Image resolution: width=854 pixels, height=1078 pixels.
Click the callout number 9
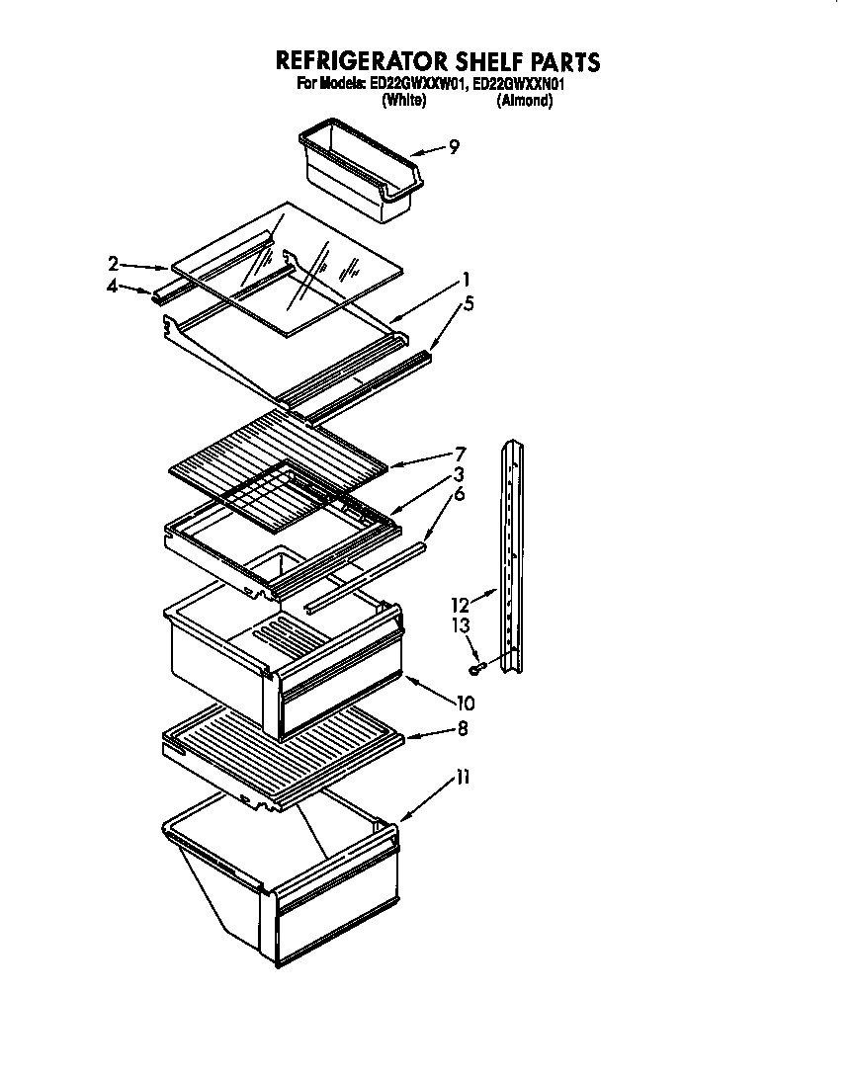coord(454,147)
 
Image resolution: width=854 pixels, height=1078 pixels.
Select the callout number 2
coord(114,263)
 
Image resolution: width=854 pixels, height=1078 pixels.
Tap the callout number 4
coord(113,288)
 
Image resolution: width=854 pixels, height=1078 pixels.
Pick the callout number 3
coord(459,473)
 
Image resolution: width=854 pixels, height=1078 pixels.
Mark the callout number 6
coord(459,493)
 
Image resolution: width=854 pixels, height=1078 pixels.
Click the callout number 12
coord(460,605)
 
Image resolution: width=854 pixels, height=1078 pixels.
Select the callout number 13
coord(460,625)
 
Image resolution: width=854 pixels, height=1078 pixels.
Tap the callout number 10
coord(465,705)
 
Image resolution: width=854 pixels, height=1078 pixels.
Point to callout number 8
coord(463,729)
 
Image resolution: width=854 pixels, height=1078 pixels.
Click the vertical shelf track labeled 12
coord(512,558)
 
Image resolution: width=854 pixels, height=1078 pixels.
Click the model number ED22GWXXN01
coord(520,85)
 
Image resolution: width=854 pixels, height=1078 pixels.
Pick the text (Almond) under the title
coord(524,100)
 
